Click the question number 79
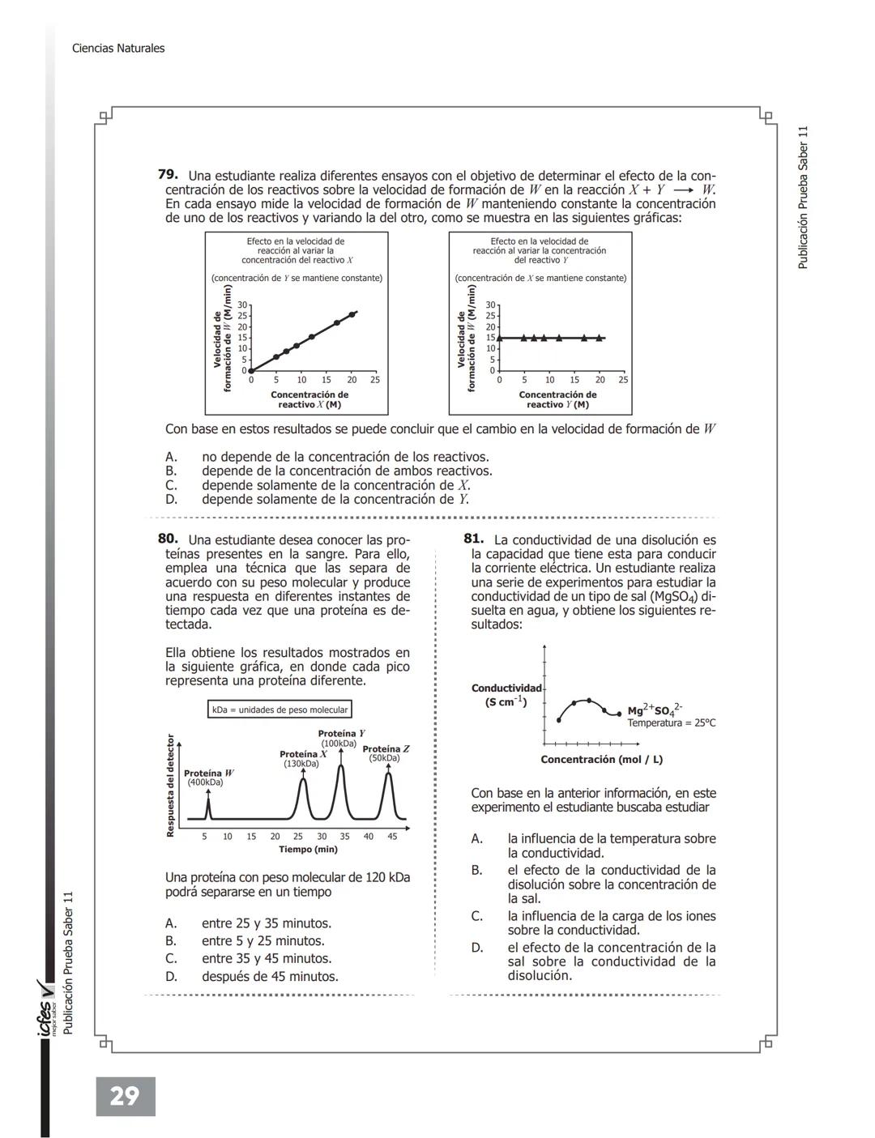168,175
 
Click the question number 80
168,539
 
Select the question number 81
474,539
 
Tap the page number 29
125,1097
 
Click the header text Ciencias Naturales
118,49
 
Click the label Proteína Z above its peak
386,749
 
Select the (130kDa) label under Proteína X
301,764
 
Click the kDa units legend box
280,710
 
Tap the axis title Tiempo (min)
308,850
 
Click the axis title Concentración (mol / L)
601,760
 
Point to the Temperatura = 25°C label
671,723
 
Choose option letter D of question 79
171,500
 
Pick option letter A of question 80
171,923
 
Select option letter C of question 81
477,916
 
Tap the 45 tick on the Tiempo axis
392,837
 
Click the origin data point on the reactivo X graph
251,370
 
